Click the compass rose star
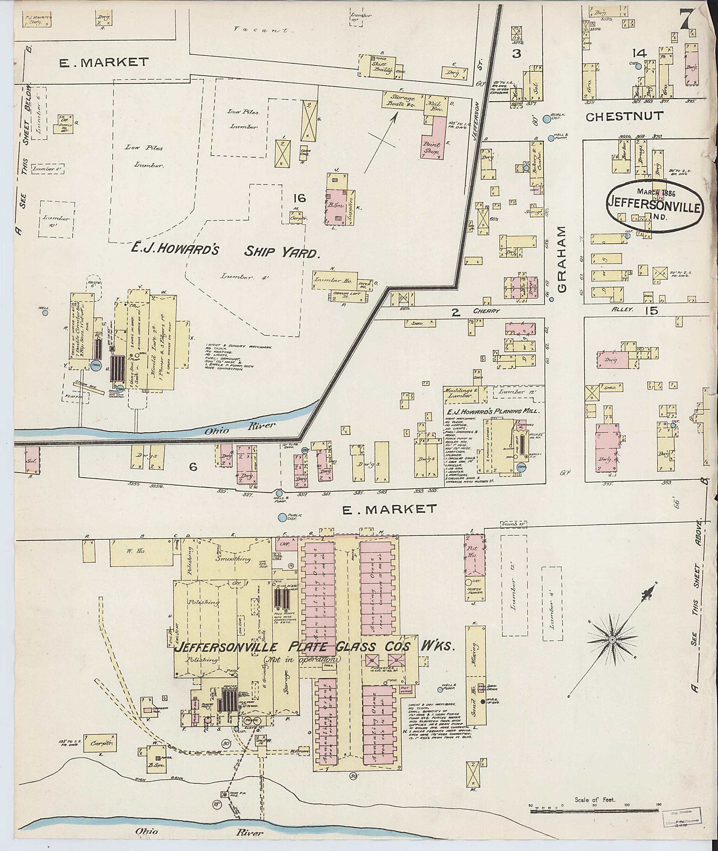tap(611, 640)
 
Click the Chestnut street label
tap(624, 117)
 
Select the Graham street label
tap(562, 260)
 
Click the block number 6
tap(193, 467)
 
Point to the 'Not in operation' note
tap(301, 659)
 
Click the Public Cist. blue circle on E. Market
tap(281, 517)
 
